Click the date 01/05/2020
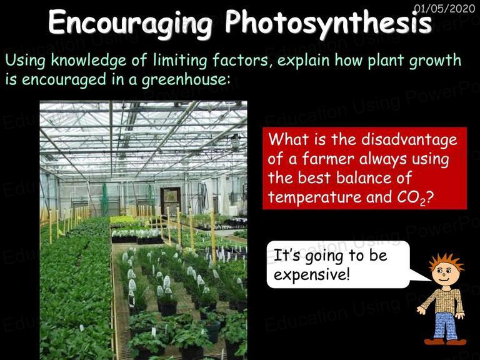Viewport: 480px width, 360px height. point(444,8)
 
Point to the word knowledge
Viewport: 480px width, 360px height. point(89,60)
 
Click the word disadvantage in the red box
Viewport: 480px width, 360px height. point(409,140)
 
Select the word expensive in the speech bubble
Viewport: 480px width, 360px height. point(312,274)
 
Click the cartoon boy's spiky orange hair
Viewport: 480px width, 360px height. point(446,261)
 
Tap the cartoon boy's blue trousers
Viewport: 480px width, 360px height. point(446,326)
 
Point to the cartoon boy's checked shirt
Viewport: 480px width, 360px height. point(444,300)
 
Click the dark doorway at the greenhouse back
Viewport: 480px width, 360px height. point(170,201)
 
